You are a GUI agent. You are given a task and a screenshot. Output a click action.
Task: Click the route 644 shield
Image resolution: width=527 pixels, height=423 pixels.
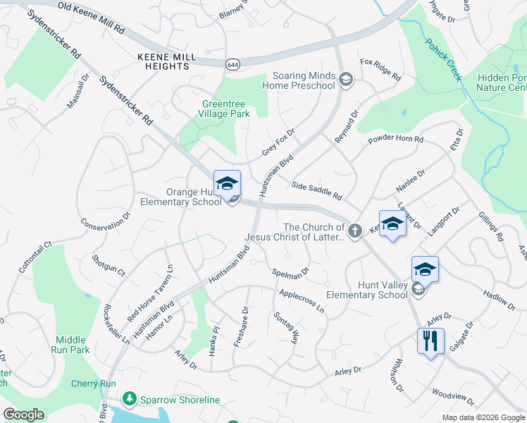[232, 64]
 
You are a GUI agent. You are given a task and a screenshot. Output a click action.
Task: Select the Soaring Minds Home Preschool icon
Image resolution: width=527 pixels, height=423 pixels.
[345, 80]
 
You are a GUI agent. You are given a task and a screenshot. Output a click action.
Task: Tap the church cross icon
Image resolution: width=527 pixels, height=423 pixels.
[355, 228]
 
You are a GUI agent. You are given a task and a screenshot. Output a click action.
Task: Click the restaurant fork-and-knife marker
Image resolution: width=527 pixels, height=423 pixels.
[428, 341]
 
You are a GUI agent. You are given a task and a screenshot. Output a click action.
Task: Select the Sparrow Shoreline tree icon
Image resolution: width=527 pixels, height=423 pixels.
[129, 400]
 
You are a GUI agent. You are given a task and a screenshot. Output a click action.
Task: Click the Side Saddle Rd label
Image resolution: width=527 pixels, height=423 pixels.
[316, 188]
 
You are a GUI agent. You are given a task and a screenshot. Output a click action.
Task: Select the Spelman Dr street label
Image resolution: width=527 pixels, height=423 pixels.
[290, 271]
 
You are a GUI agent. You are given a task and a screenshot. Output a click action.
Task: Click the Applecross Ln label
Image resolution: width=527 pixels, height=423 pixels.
[301, 300]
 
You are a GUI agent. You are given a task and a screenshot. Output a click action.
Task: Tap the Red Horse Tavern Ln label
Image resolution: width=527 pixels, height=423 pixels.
[151, 293]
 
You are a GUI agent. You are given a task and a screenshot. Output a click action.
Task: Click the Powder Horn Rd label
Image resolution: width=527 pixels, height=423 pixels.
[395, 140]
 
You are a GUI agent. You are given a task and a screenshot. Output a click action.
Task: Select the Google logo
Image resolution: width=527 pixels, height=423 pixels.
[23, 415]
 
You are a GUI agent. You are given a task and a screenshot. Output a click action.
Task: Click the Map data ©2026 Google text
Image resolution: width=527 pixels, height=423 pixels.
[483, 417]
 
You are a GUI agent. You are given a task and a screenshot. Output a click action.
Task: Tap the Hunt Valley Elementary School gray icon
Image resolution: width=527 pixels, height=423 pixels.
[418, 288]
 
